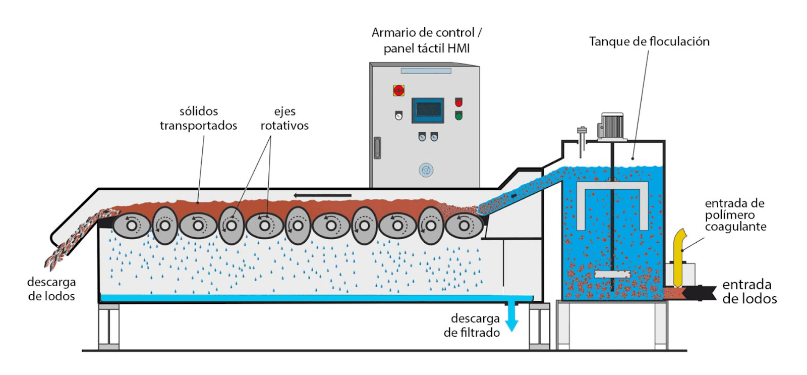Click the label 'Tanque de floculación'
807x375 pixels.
649,41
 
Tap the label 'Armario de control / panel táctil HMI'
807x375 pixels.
427,40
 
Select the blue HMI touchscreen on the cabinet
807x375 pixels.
428,110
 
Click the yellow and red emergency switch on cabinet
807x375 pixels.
398,91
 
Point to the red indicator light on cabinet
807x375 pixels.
458,102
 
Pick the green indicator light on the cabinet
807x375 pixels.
458,116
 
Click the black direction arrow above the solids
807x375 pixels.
322,195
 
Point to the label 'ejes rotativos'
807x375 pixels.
284,119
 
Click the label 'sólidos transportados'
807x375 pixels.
198,119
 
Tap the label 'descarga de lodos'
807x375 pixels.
51,289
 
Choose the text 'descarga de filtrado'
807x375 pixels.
472,326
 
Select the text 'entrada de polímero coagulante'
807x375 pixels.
735,215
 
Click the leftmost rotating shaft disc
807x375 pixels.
132,226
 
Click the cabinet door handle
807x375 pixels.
377,148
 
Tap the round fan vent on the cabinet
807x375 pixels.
426,170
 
